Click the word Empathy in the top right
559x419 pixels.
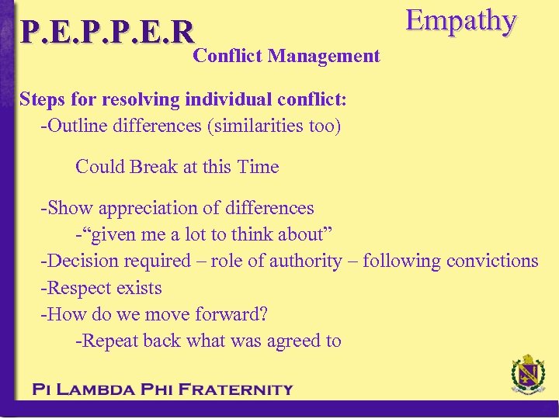coord(461,21)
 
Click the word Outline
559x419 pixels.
coord(76,125)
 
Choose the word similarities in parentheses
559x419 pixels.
coord(261,125)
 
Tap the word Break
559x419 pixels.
coord(155,167)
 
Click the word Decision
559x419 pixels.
coord(82,261)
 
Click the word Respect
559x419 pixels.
coord(78,288)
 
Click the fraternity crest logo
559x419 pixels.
coord(527,377)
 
